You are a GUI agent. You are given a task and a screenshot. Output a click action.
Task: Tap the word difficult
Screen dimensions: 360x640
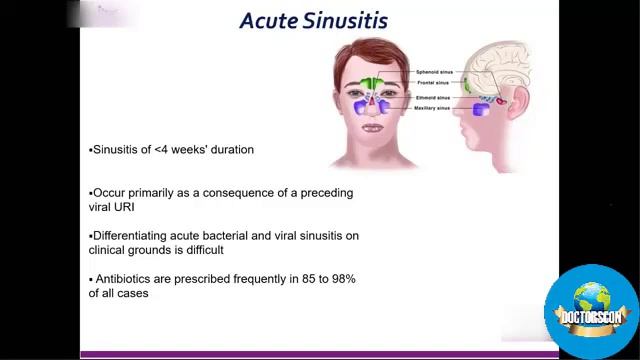tap(203, 250)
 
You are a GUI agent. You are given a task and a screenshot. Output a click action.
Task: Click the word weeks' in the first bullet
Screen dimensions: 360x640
tap(194, 150)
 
